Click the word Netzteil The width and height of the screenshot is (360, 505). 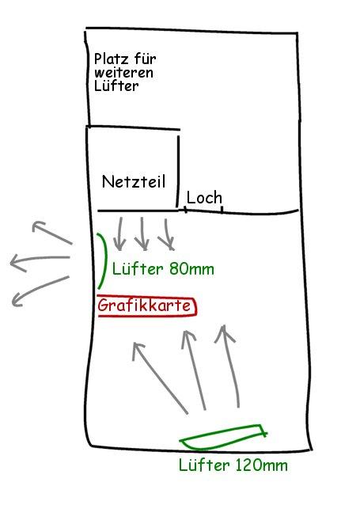(134, 181)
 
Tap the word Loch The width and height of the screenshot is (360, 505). (204, 197)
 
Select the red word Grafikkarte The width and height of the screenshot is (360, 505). (145, 306)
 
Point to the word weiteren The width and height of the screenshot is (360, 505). (123, 73)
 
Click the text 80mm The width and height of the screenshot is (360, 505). (191, 269)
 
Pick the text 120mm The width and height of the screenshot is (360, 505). (261, 465)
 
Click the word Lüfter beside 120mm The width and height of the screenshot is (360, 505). (204, 465)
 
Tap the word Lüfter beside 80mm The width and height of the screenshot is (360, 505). (138, 269)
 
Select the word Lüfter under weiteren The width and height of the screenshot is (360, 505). (116, 86)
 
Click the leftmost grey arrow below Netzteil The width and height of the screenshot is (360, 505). (120, 234)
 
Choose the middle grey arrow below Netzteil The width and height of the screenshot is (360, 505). (142, 234)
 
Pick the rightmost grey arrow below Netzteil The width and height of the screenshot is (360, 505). (167, 234)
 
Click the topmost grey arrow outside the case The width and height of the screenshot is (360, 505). (53, 233)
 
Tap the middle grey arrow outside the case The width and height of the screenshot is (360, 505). (40, 258)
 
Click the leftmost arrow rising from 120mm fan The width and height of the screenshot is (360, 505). (160, 378)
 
